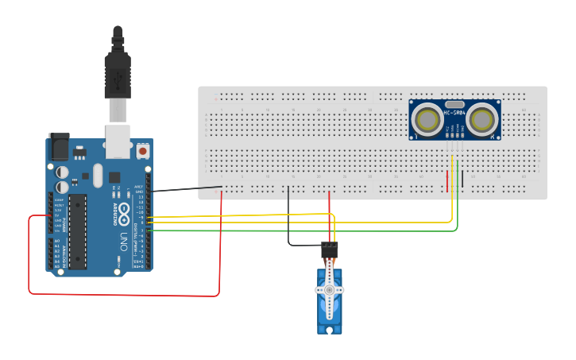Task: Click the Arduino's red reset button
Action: (143, 149)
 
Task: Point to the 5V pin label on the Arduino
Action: (59, 215)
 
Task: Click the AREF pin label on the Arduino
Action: (139, 186)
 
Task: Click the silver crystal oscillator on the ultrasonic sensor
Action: (454, 104)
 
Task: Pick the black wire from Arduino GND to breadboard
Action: (187, 189)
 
